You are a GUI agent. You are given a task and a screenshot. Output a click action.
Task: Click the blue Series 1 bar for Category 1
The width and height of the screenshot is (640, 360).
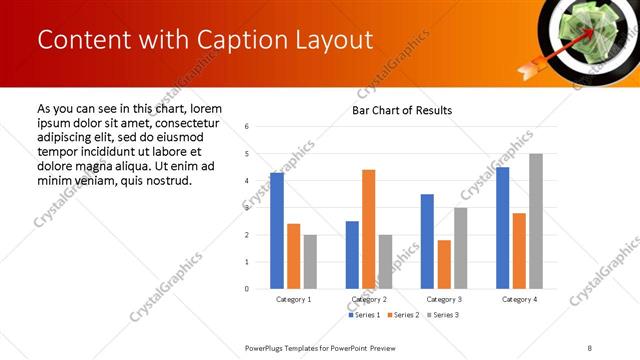(277, 231)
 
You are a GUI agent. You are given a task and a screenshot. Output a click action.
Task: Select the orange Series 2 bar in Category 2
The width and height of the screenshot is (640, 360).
(368, 229)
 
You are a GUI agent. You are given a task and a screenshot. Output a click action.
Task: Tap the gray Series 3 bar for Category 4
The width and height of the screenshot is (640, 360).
(536, 221)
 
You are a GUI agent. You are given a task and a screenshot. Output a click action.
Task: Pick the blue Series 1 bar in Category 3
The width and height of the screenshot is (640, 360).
(427, 241)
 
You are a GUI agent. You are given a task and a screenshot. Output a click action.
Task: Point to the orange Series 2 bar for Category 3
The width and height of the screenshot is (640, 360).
(444, 264)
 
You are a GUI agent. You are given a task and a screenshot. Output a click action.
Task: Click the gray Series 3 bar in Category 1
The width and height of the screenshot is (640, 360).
(310, 262)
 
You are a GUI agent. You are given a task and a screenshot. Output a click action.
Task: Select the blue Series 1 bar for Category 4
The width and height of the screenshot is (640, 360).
(502, 228)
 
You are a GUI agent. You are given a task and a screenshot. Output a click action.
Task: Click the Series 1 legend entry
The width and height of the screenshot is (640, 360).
(365, 315)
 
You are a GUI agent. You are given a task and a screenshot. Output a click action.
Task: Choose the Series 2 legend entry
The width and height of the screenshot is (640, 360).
(403, 315)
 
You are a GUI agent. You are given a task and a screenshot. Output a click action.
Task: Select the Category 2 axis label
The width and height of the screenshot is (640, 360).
(369, 299)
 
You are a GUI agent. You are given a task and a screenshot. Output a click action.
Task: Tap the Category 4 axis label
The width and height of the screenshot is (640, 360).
(519, 299)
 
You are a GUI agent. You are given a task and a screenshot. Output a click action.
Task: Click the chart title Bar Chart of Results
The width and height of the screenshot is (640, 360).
(402, 110)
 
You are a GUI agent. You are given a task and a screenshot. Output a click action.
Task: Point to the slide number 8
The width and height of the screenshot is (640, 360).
(590, 347)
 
